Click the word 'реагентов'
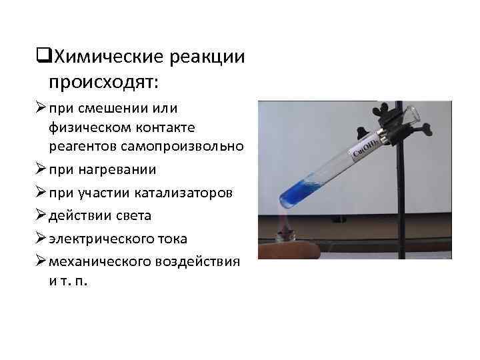pos(77,145)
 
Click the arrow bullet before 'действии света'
pos(38,215)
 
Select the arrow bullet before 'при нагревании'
pos(38,169)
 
